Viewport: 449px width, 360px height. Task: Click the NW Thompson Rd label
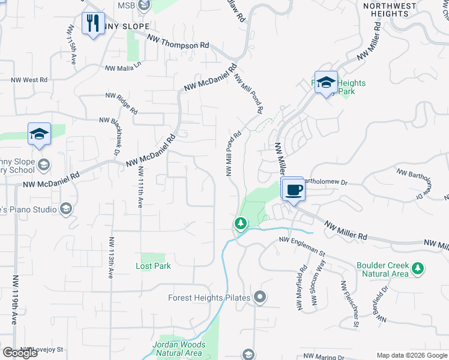[179, 41]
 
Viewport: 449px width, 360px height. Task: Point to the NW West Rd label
[29, 79]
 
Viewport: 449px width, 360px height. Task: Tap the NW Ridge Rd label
[122, 103]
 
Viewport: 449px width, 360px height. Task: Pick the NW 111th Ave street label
[140, 188]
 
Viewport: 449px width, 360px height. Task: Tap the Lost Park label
[153, 266]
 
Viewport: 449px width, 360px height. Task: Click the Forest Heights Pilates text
[210, 296]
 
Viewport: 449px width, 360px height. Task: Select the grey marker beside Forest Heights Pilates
[260, 296]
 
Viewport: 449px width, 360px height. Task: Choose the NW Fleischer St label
[349, 304]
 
